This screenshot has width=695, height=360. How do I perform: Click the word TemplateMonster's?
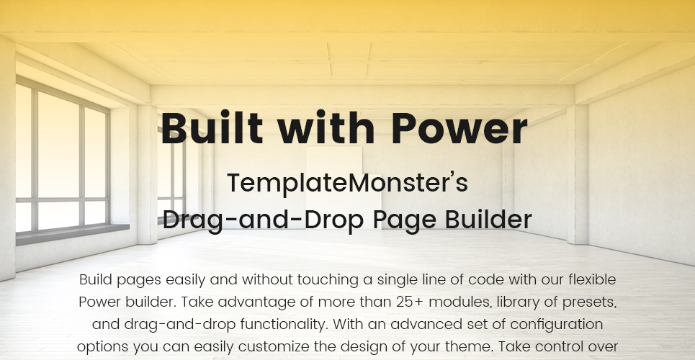pos(347,183)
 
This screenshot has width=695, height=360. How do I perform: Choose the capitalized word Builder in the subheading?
pos(488,219)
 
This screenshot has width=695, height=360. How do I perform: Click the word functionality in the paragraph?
pos(284,325)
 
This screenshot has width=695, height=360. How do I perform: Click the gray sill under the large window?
pos(73,234)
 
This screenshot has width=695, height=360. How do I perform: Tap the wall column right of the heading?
pos(577,174)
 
